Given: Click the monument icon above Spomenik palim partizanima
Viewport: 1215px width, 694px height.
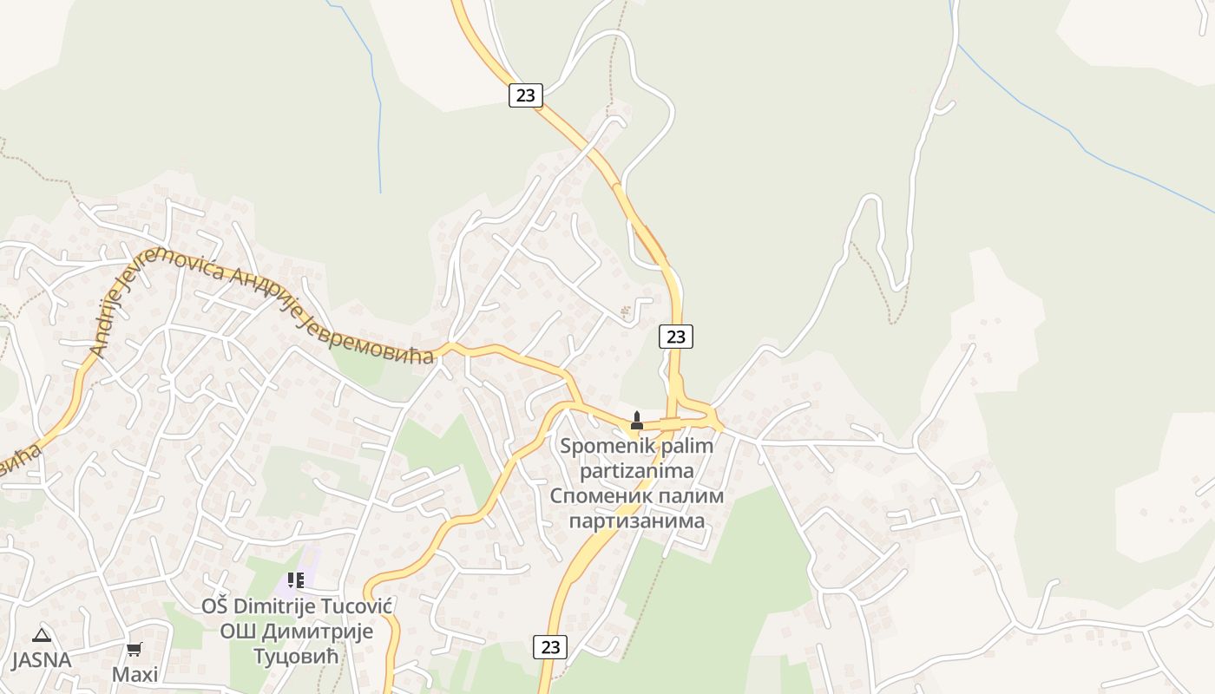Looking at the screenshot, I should [x=636, y=421].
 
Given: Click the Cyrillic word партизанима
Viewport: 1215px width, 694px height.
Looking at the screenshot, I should [x=636, y=521].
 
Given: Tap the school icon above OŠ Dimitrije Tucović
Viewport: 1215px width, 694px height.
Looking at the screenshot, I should [x=296, y=579].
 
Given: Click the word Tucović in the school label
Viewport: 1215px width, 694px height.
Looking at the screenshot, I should [x=356, y=606].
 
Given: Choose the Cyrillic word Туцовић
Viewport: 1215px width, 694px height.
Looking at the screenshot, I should [x=296, y=656].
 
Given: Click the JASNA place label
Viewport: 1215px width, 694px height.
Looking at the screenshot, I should [x=41, y=659].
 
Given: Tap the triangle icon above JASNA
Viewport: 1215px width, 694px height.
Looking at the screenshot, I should [x=41, y=636].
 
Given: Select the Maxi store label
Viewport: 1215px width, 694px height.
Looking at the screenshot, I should [x=135, y=674].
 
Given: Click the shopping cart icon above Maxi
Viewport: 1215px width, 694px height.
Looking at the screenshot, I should [x=135, y=649].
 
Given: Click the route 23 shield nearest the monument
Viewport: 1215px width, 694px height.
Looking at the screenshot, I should [x=675, y=337].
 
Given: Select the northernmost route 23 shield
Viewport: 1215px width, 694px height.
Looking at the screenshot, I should [x=525, y=95].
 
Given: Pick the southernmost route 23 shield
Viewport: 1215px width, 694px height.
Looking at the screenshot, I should [x=550, y=646].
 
